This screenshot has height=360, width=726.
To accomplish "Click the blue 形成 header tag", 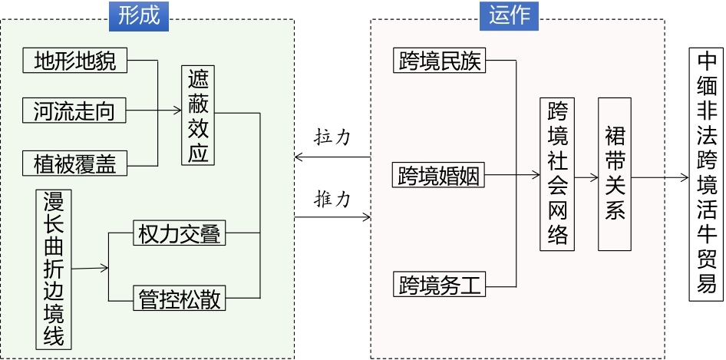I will (139, 15).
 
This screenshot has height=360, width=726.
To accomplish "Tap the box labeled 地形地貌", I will (75, 61).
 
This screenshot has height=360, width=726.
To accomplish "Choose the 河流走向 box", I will (74, 112).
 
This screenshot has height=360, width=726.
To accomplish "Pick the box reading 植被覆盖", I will (75, 163).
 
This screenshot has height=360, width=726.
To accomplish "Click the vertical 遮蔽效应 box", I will (198, 115).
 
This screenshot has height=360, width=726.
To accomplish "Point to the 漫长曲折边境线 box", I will (54, 269).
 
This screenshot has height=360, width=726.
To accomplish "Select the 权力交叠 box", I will (180, 233).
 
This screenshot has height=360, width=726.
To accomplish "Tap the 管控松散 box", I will (180, 299).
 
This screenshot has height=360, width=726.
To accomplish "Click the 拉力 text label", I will (332, 137).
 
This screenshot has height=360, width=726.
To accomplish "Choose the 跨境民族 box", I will (440, 61).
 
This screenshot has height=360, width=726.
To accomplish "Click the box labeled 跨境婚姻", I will (439, 176).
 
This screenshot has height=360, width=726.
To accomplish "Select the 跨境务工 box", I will (440, 286).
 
